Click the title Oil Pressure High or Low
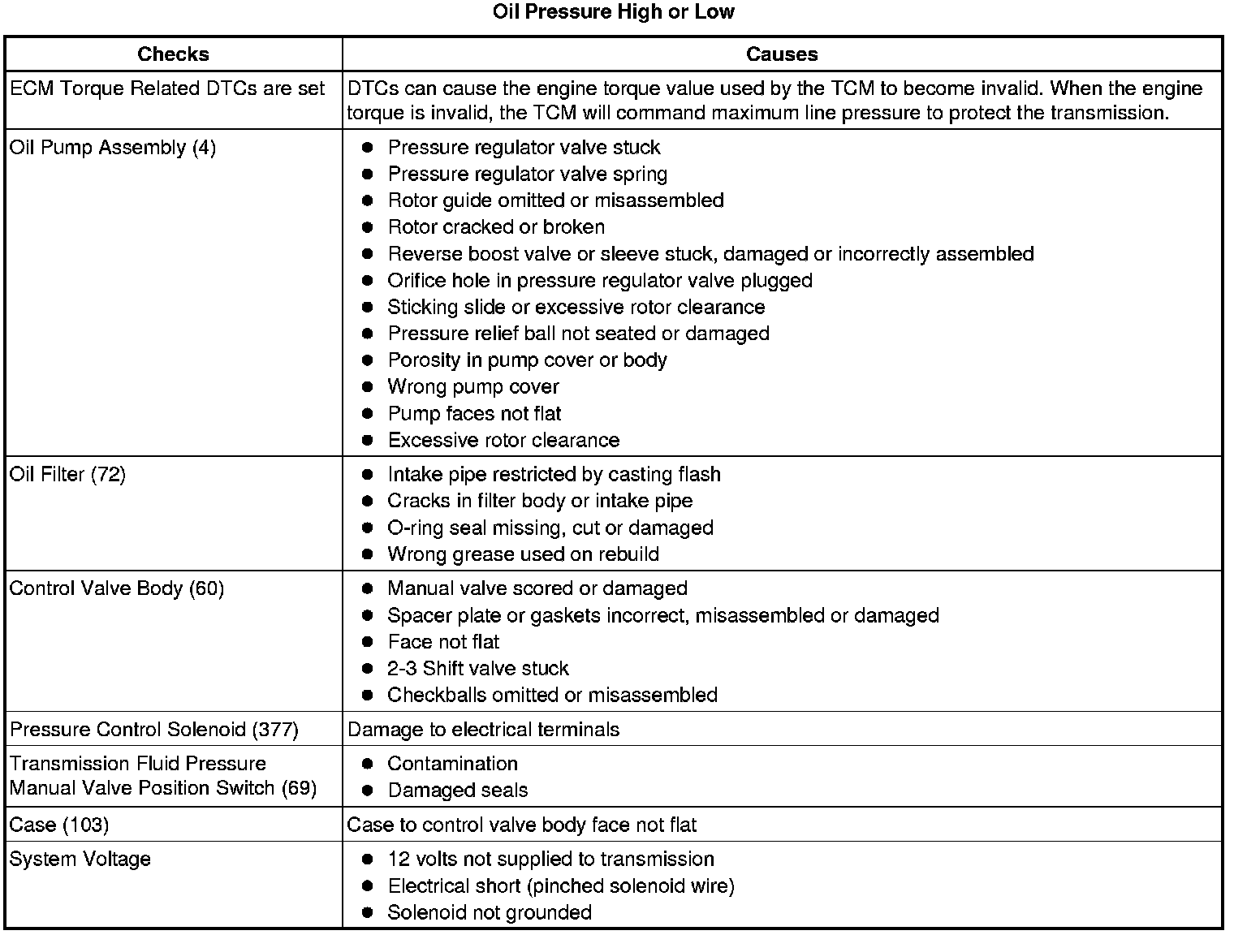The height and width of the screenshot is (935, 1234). coord(613,12)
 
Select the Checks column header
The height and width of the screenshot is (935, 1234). coord(173,54)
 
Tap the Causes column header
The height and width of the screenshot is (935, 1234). coord(781,54)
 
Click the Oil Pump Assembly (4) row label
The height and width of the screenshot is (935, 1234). coord(113,148)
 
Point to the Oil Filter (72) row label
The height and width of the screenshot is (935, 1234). coord(67,474)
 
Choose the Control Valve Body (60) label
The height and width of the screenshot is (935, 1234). coord(116,588)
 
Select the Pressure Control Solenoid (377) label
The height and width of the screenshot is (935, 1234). coord(154,730)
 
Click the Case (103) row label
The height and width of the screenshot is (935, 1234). coord(59,825)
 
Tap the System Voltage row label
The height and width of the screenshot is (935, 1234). coord(80,859)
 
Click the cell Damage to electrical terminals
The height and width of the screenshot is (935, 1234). coord(483,730)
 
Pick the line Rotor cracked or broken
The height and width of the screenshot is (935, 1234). coord(496,227)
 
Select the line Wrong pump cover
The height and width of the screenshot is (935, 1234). coord(473,387)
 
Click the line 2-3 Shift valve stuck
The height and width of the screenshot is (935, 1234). coord(477,669)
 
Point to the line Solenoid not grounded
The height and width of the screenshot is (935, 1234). coord(490,912)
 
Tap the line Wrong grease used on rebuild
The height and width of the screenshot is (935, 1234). coord(523,554)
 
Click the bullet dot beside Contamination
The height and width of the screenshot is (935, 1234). coord(368,764)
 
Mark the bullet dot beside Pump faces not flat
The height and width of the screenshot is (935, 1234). coord(368,414)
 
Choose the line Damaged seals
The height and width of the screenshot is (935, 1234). coord(457,791)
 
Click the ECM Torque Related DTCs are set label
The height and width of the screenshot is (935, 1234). coord(167,88)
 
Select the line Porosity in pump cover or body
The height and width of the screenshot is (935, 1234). coord(527,360)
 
